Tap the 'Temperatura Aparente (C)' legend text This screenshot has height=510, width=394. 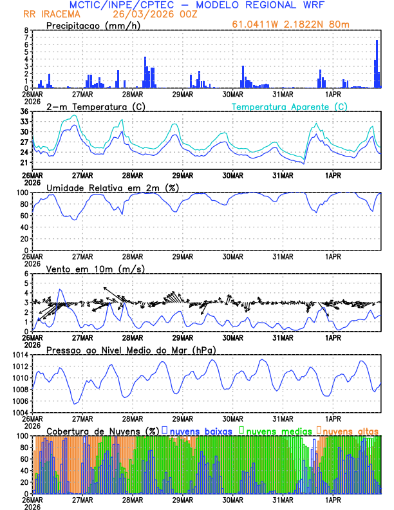(x=290, y=106)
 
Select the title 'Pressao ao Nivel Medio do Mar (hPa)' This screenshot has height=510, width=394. (x=131, y=350)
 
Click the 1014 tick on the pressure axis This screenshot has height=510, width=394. (x=21, y=355)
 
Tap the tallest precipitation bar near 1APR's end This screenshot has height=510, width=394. (x=377, y=64)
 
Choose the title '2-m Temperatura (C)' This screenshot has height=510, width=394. (x=91, y=106)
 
